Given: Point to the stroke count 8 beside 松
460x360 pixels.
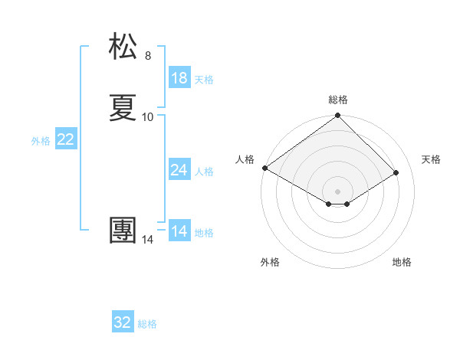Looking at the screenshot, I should [x=148, y=56].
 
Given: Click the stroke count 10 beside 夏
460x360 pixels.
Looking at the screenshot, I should [x=148, y=117].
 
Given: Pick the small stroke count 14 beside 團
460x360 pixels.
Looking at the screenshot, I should [x=148, y=240].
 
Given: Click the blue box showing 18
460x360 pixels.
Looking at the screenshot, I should [x=179, y=77].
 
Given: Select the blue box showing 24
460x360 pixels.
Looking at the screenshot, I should [x=179, y=170].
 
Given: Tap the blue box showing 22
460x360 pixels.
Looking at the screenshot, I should [x=66, y=139].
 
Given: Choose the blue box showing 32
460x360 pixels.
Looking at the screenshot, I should [x=123, y=322].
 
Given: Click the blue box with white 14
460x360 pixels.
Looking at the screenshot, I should [x=179, y=231].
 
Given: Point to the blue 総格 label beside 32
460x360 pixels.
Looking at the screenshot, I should [x=147, y=324].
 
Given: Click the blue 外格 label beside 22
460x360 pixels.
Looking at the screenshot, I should [x=41, y=141].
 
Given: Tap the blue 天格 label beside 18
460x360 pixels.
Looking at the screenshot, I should [x=204, y=79].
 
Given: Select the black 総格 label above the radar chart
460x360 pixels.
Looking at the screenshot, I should [x=337, y=100].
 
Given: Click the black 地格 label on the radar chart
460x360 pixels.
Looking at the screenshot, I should [x=402, y=262].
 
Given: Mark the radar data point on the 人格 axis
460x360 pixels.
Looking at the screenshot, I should [x=264, y=168].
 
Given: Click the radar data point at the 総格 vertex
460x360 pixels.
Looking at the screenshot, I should [x=337, y=116].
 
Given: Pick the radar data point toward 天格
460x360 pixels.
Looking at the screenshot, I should [x=396, y=172].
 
